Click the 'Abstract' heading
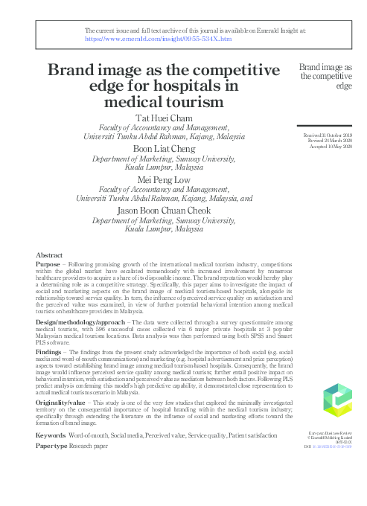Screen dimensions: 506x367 click(49, 254)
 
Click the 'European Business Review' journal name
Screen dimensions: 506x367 click(331, 432)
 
